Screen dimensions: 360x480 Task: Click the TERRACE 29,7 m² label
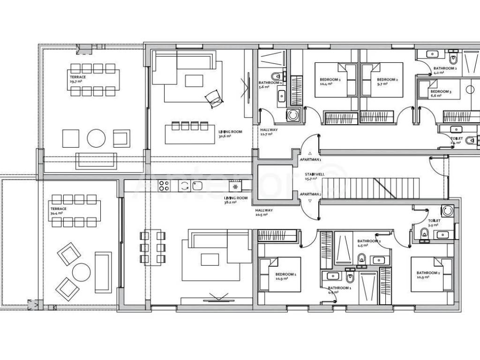[76, 79]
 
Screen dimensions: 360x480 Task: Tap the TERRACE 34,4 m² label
[59, 211]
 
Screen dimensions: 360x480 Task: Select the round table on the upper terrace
[97, 138]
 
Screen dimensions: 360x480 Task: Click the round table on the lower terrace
[81, 272]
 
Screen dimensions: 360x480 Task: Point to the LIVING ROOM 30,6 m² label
[230, 134]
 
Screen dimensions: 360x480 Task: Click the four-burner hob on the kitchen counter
[164, 186]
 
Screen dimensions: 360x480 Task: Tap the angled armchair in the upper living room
[213, 97]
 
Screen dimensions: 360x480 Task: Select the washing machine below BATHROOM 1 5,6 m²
[293, 115]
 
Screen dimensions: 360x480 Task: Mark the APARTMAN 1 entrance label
[310, 160]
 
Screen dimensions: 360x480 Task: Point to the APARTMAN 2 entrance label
[310, 194]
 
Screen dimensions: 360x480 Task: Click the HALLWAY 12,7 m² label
[269, 132]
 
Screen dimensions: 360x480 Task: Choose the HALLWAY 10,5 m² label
[264, 212]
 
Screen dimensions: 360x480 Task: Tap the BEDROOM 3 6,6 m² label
[440, 93]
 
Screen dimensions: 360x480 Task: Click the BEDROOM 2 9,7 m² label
[387, 82]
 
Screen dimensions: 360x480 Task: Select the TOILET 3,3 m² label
[434, 222]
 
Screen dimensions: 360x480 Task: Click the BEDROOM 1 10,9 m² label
[285, 276]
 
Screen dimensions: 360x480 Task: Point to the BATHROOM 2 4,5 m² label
[369, 243]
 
